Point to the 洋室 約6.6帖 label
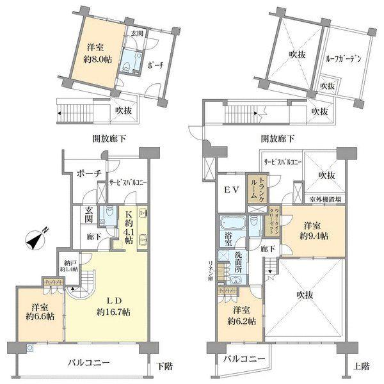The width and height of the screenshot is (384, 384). click(39, 311)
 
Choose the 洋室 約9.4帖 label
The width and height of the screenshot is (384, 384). click(313, 231)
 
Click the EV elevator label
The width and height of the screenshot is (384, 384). click(230, 189)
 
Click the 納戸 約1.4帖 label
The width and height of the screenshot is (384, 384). click(69, 265)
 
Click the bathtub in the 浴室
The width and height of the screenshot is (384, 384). click(232, 225)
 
